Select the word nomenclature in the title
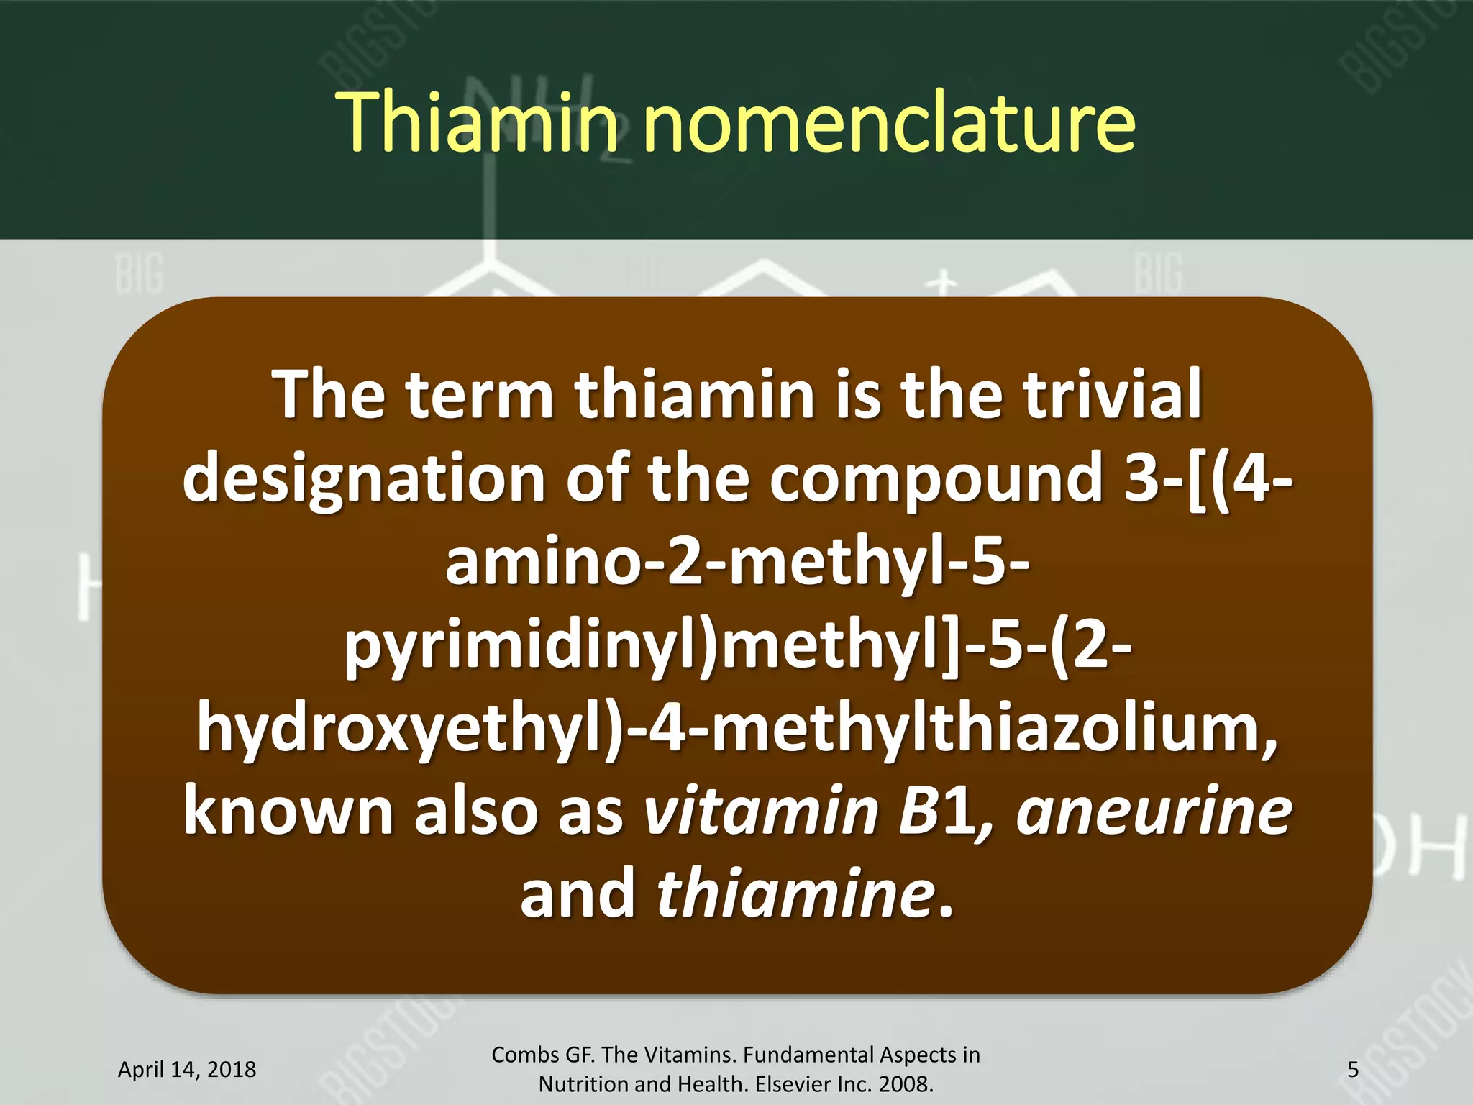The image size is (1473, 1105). pyautogui.click(x=889, y=122)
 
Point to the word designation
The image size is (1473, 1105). pyautogui.click(x=364, y=479)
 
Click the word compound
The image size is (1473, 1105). pyautogui.click(x=936, y=478)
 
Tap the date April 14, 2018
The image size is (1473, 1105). pyautogui.click(x=187, y=1070)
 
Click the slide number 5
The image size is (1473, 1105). pyautogui.click(x=1353, y=1070)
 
